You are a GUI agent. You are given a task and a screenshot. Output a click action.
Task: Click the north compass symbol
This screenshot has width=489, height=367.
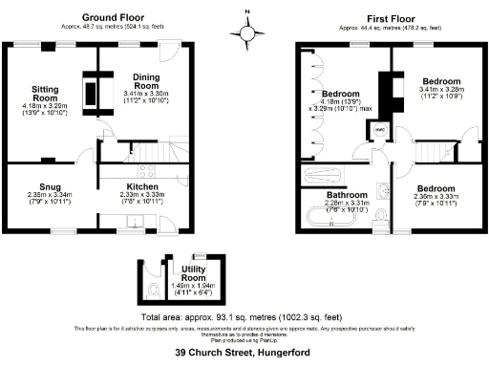click(247, 32)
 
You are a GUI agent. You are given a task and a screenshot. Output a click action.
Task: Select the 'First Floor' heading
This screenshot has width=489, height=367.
click(388, 17)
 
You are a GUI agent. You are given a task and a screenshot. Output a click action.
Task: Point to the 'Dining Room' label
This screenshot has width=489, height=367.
click(145, 80)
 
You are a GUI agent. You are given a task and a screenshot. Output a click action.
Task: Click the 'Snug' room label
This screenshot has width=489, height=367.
click(50, 186)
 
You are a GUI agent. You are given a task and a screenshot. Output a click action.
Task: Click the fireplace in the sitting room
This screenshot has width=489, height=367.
click(91, 94)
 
